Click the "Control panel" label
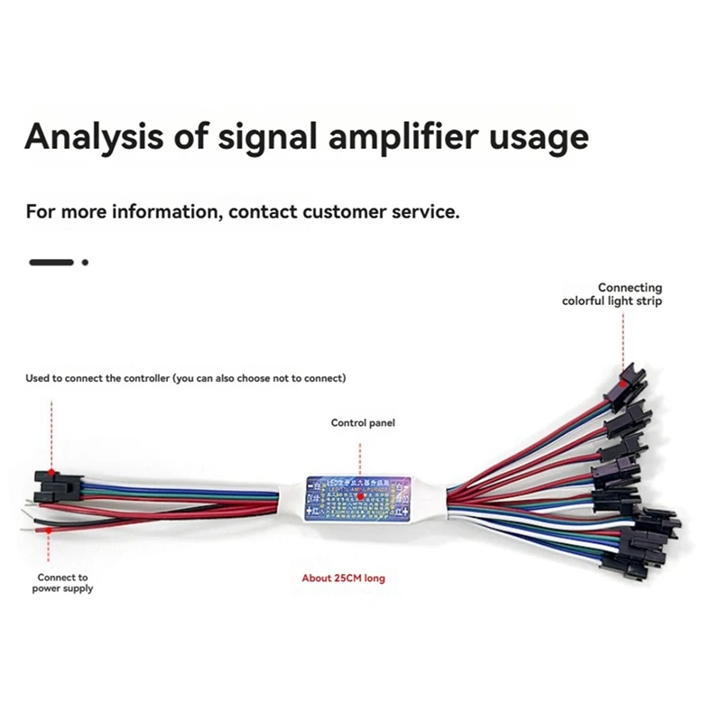click(x=363, y=422)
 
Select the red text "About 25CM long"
click(x=343, y=578)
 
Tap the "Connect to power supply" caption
click(x=62, y=583)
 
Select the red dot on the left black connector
click(x=52, y=474)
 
